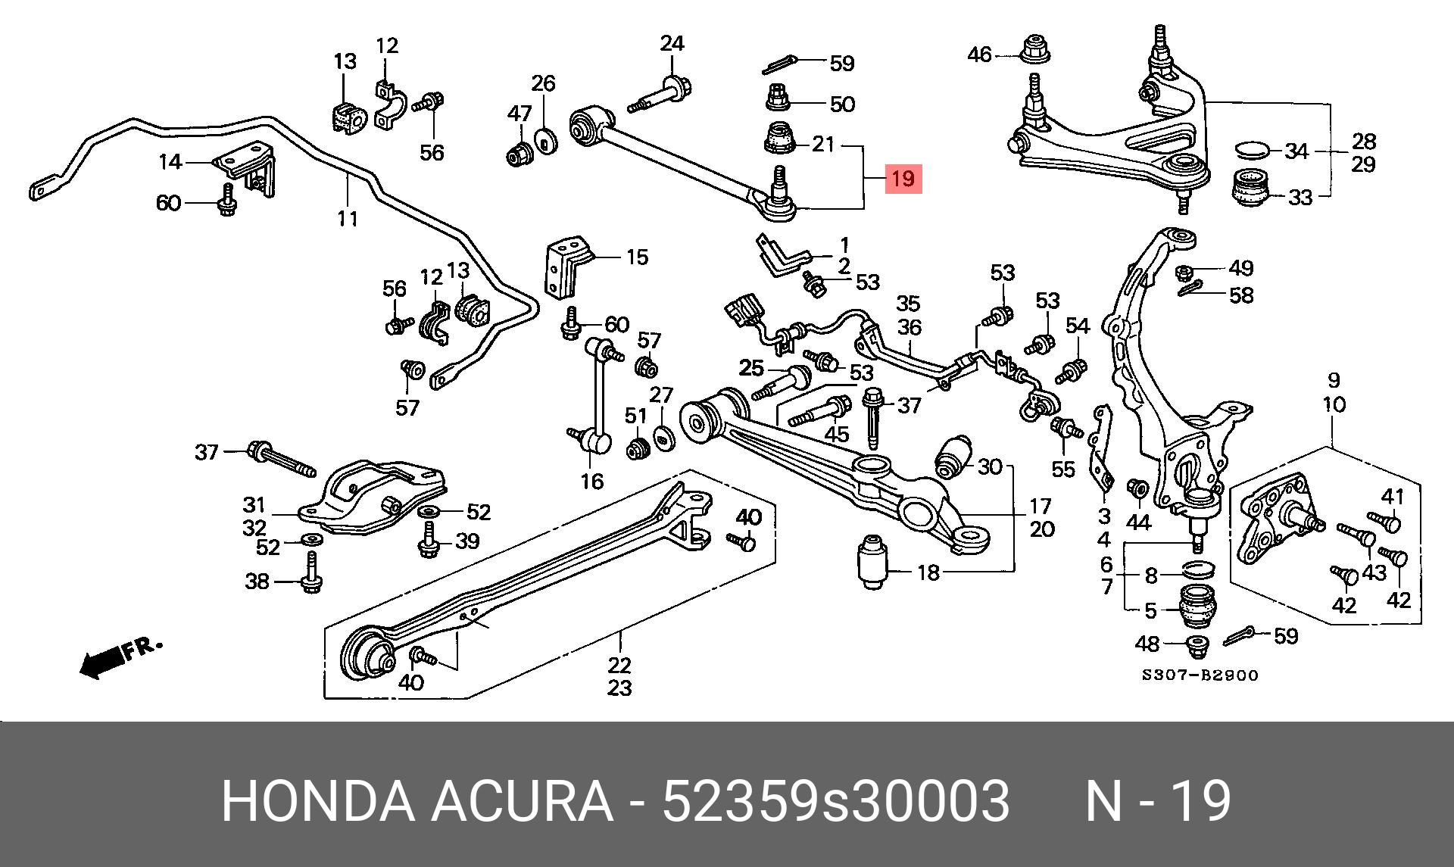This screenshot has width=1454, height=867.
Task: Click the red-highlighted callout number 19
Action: pyautogui.click(x=903, y=179)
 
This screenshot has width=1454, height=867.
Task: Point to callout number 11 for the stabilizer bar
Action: pyautogui.click(x=347, y=219)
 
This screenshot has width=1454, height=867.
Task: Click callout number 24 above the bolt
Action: pyautogui.click(x=671, y=44)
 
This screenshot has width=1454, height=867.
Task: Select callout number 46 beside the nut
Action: pyautogui.click(x=979, y=55)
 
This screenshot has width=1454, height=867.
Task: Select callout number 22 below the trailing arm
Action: pyautogui.click(x=619, y=666)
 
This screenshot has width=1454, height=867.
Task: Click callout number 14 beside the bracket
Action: pyautogui.click(x=170, y=161)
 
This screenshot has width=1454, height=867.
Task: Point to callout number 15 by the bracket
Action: pyautogui.click(x=637, y=257)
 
